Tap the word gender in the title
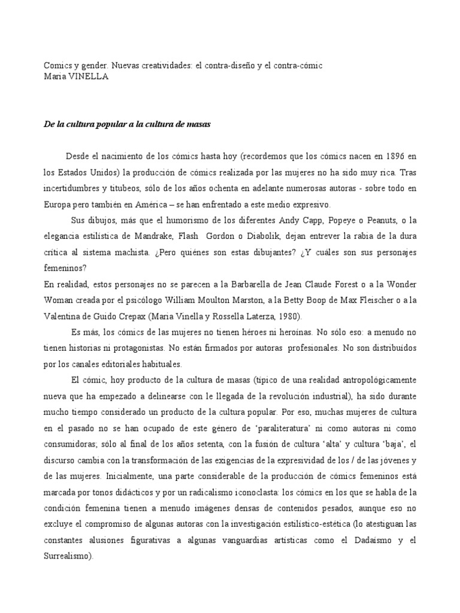[x=91, y=65]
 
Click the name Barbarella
[x=219, y=284]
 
